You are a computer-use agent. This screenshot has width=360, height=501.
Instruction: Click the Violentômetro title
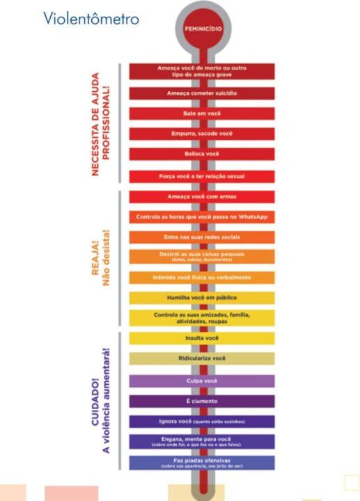point(91,18)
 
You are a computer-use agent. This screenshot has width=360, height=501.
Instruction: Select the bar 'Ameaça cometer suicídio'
point(202,93)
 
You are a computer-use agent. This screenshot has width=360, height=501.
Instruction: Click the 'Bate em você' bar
point(202,113)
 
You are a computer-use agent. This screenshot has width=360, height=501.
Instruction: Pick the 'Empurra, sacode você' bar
point(202,134)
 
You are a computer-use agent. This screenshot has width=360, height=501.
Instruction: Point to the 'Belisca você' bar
point(202,154)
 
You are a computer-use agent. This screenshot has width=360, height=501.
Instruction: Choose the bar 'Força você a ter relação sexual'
point(202,177)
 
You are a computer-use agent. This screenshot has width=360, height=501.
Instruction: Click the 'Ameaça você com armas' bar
point(202,197)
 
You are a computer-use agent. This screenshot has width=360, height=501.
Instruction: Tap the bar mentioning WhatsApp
point(202,217)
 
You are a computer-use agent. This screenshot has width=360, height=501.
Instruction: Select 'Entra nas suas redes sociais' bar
point(202,237)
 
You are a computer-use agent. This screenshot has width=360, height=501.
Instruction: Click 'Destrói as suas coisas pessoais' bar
point(202,256)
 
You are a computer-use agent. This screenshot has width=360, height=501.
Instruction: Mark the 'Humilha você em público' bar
point(202,297)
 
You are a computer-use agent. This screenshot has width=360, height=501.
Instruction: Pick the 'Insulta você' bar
point(202,338)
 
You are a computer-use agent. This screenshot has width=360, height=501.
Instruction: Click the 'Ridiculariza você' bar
point(202,358)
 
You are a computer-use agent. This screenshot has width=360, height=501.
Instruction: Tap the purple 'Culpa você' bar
point(202,381)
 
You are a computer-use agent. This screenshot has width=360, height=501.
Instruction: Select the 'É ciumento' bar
point(202,401)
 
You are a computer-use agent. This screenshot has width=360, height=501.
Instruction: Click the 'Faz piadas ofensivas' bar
point(202,463)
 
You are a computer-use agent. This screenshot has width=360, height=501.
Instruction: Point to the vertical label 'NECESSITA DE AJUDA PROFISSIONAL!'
point(101,124)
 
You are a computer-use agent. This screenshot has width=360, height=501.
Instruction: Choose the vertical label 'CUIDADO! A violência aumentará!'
point(102,399)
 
